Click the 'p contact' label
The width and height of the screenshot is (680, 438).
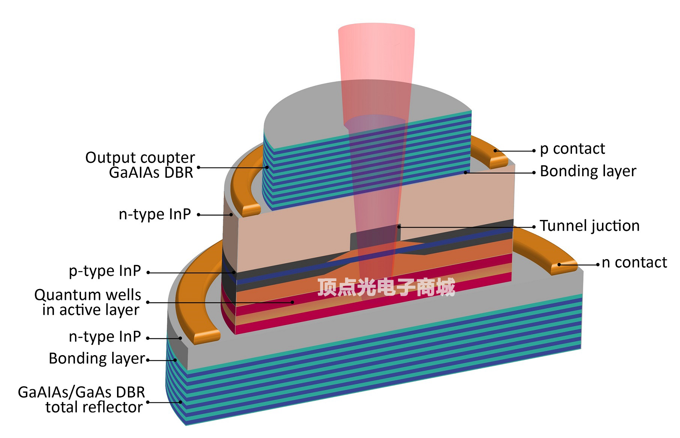coord(572,149)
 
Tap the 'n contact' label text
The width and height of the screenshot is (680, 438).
coord(634,262)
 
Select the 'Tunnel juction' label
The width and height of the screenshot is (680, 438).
coord(590,226)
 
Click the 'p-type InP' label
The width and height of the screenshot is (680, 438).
coord(105,271)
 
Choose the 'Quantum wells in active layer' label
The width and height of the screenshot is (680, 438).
coord(88,302)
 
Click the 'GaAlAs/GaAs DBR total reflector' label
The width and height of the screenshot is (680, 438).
coord(81,400)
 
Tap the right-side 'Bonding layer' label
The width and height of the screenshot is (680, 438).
coord(588,171)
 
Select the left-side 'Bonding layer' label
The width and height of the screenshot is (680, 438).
coord(97,358)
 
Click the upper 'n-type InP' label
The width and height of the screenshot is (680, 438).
coord(155,214)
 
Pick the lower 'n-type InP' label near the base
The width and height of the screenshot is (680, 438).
coord(105,337)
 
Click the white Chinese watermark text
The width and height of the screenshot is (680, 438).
coord(386,288)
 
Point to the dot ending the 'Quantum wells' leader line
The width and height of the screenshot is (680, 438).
coord(293,302)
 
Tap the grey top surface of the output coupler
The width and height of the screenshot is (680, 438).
coord(308,112)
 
